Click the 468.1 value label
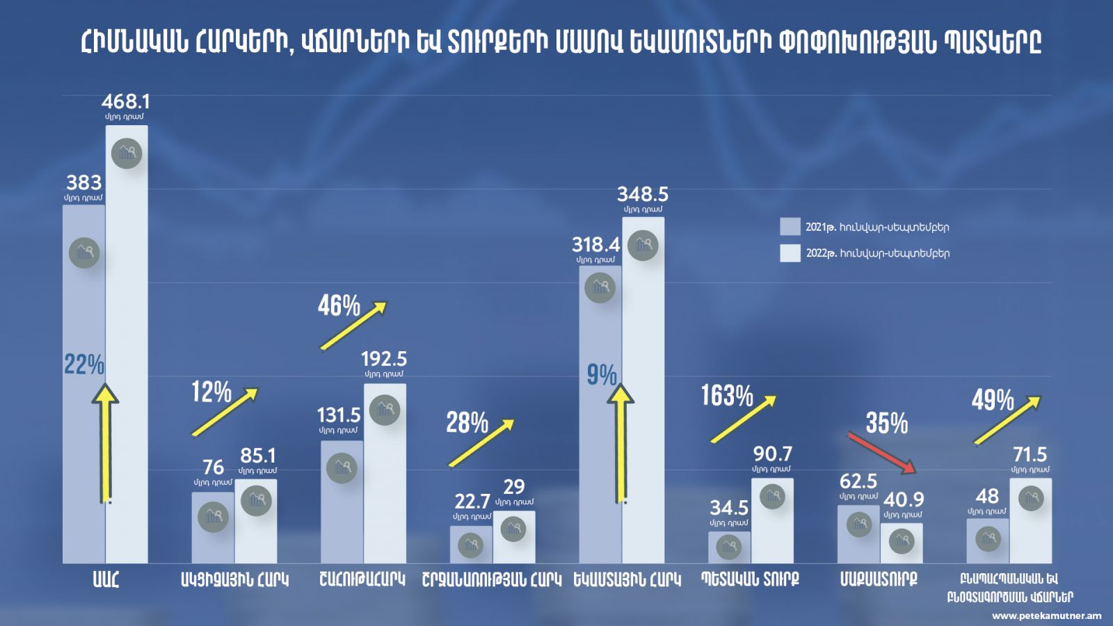click(x=126, y=102)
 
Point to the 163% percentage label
click(x=727, y=396)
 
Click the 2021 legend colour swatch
click(x=790, y=227)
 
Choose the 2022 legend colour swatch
click(x=790, y=253)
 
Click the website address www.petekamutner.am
click(x=1046, y=616)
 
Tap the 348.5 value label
click(x=643, y=194)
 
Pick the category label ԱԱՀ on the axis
click(x=106, y=579)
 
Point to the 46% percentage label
click(x=339, y=305)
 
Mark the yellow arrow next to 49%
click(x=1007, y=419)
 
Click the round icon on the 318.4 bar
click(x=600, y=287)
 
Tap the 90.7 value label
click(x=772, y=454)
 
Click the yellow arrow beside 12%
click(x=225, y=412)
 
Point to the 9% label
click(x=601, y=376)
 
